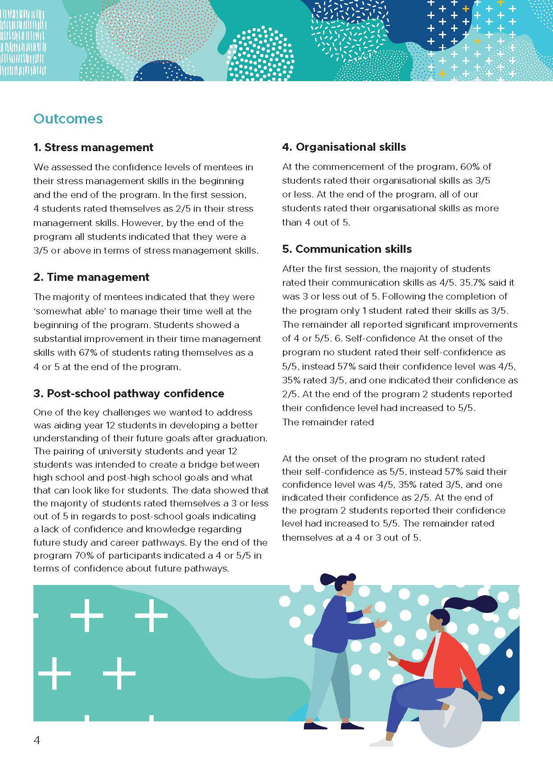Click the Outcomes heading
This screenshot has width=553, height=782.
pos(68,119)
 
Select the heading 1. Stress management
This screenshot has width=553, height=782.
pos(93,148)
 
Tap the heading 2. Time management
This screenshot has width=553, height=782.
pos(91,277)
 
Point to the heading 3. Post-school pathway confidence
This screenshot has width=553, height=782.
pos(129,394)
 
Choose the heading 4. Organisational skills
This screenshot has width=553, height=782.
pos(344,147)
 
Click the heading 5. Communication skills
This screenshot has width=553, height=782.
pos(347,249)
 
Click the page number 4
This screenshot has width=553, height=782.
pos(37,741)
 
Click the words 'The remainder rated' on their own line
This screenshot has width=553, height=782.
pos(328,422)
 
